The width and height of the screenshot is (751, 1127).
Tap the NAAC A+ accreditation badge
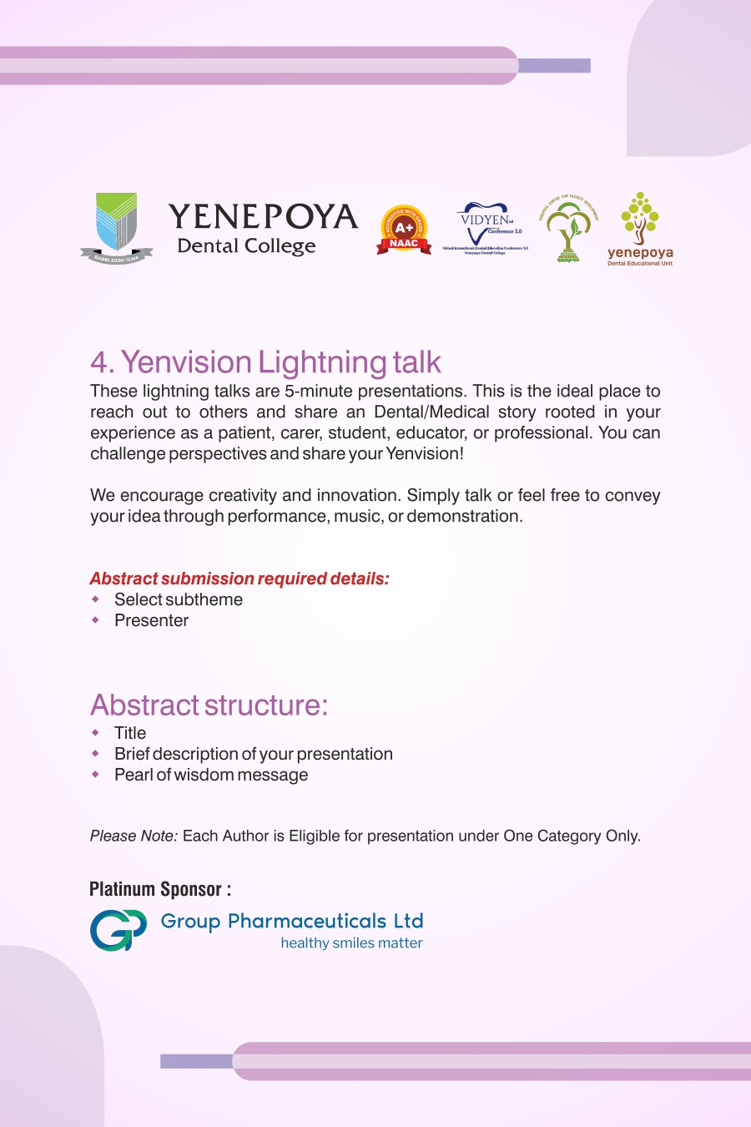[x=404, y=230]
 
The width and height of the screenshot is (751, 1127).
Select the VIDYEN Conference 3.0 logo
[x=486, y=227]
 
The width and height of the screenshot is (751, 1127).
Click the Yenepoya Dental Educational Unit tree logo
[x=640, y=228]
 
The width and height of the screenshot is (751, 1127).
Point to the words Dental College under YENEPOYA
[x=246, y=246]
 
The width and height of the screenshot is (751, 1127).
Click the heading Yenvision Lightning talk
[x=265, y=362]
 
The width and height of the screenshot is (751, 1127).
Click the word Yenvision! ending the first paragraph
[x=425, y=453]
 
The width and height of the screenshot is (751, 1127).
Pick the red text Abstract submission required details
[x=239, y=579]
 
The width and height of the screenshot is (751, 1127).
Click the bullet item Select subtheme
[x=179, y=599]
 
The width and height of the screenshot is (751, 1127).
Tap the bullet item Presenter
[x=151, y=620]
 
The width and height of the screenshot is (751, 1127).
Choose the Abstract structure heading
[x=209, y=705]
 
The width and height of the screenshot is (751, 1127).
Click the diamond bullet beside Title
[x=96, y=733]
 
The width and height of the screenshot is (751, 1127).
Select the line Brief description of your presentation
[x=253, y=754]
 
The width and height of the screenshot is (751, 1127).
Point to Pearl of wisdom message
[x=211, y=775]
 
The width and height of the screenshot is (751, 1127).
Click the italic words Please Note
[x=134, y=836]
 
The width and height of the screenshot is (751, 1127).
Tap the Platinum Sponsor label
[x=160, y=889]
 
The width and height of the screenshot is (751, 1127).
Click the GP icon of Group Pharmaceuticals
[x=118, y=930]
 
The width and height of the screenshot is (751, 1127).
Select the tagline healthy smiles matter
[x=351, y=943]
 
